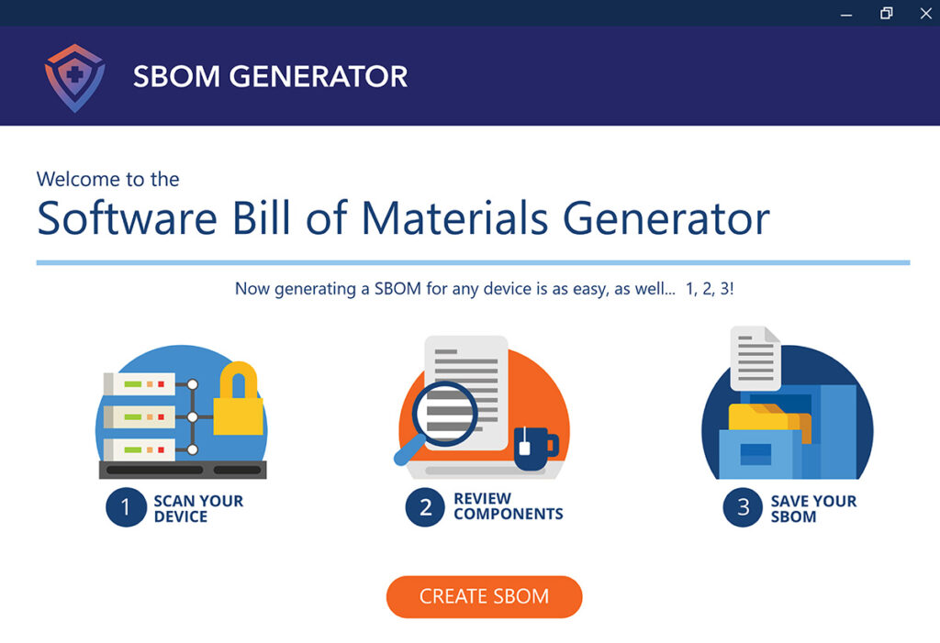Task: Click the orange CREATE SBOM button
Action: tap(485, 597)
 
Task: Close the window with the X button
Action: tap(925, 13)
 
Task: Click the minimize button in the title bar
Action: tap(846, 15)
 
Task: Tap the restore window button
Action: tap(886, 13)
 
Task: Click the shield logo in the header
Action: tap(75, 78)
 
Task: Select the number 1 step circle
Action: tap(126, 507)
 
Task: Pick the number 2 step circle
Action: tap(425, 507)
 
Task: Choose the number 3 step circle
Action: tap(743, 507)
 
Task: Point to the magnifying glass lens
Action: tap(444, 414)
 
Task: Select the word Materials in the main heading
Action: tap(455, 217)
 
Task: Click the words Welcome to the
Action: tap(108, 179)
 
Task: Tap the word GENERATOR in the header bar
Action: tap(319, 77)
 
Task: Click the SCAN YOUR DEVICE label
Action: tap(198, 509)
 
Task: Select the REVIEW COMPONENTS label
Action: tap(509, 506)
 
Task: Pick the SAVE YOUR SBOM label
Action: tap(813, 509)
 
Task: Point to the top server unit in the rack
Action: tap(140, 383)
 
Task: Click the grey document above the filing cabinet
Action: tap(755, 359)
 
